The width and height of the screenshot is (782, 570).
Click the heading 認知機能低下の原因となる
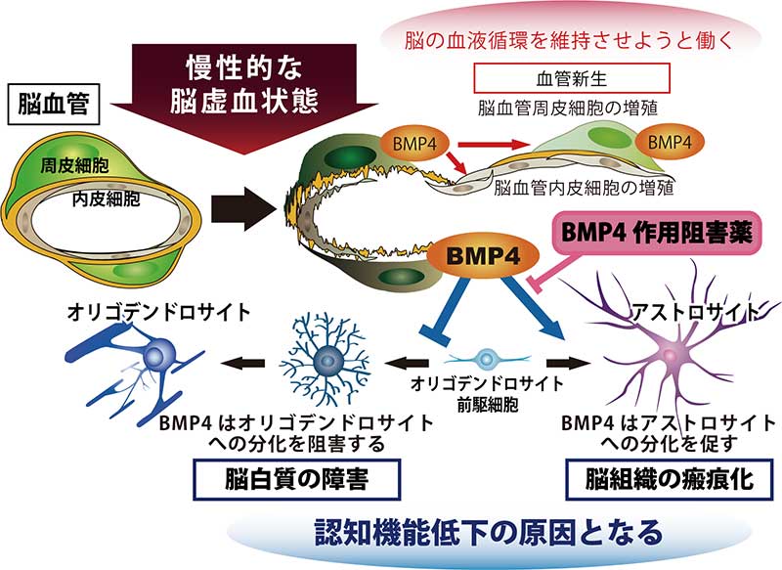pos(488,532)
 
